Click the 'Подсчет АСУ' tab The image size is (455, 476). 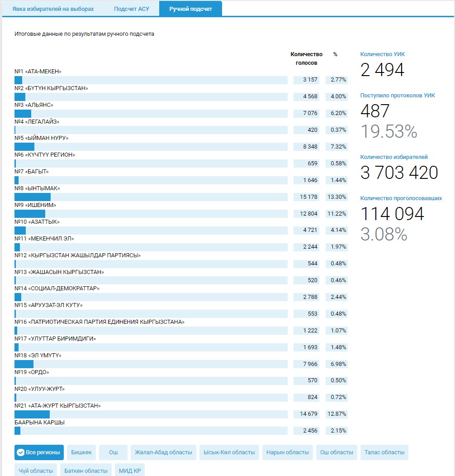(x=131, y=9)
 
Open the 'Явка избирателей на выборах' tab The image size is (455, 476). (x=53, y=9)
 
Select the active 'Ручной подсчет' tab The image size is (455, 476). (x=190, y=9)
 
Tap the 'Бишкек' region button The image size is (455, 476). (x=81, y=452)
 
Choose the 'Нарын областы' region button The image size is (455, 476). (x=288, y=452)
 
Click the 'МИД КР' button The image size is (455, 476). (x=130, y=471)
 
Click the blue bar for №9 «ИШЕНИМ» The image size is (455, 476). (x=30, y=214)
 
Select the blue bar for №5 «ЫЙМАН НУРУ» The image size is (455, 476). (x=24, y=147)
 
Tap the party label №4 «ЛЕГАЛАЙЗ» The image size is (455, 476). (x=37, y=121)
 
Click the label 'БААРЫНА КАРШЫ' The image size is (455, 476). (x=39, y=423)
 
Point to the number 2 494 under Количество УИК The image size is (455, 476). (x=382, y=70)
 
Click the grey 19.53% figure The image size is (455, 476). (x=389, y=131)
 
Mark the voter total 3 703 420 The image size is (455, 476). (x=399, y=173)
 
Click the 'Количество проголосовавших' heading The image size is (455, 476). (x=401, y=198)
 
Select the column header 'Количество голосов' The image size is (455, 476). (x=306, y=58)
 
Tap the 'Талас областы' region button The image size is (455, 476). (x=384, y=452)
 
